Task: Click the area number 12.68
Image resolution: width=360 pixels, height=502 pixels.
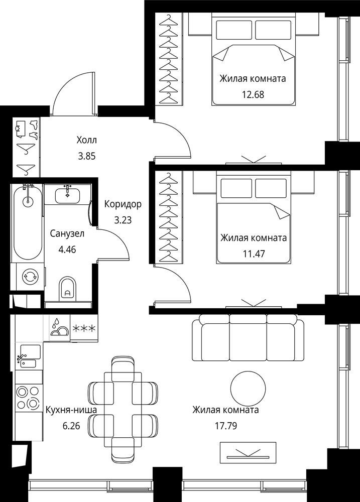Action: pos(253,94)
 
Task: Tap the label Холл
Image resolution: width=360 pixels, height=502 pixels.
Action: pos(86,140)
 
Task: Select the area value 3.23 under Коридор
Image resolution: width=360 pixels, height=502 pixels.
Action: pos(123,220)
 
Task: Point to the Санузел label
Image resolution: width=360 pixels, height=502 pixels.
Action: pos(67,233)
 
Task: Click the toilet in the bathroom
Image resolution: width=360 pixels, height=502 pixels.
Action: pos(67,289)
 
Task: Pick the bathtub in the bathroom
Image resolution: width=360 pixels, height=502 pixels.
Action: pos(28,221)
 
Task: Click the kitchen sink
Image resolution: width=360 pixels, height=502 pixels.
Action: pos(29,356)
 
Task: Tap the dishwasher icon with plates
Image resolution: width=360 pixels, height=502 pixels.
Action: pos(59,328)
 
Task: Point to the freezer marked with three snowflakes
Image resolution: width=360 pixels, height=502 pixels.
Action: pos(84,328)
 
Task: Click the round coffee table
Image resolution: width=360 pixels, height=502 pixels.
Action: pos(248,389)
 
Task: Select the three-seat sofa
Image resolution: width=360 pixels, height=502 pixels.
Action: pos(248,337)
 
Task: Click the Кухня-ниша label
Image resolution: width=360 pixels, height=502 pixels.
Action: pos(71,410)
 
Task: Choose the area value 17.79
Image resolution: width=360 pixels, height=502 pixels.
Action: pos(226,426)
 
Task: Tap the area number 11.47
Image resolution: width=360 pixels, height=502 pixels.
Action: pos(254,254)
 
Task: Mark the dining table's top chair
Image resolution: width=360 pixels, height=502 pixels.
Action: pos(123,368)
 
